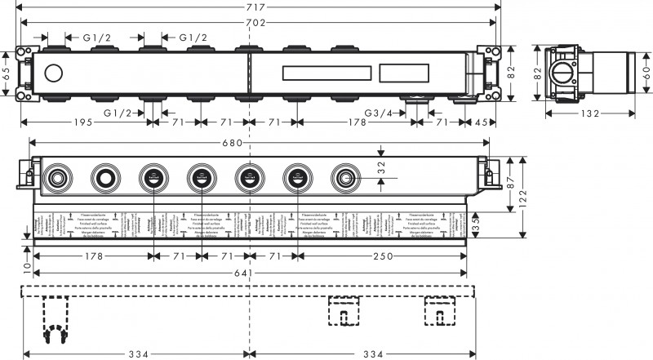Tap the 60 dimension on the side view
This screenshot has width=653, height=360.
646,73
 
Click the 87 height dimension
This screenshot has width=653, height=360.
511,183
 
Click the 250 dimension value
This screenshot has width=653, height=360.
382,256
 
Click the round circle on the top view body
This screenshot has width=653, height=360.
56,73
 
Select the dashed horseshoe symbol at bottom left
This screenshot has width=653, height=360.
56,333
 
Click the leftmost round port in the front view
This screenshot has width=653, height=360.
57,176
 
